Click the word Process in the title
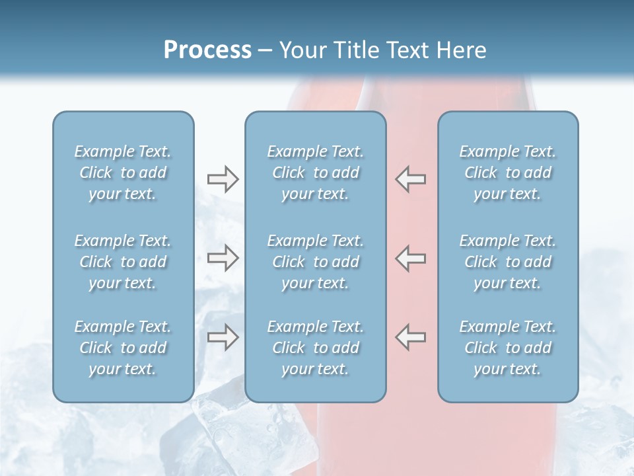(207, 50)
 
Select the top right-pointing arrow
(223, 178)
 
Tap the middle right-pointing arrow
(223, 258)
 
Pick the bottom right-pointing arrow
(223, 337)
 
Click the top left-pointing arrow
(410, 178)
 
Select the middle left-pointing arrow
(410, 258)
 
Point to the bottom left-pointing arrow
(410, 337)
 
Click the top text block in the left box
(123, 173)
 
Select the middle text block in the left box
(123, 262)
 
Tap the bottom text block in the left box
(123, 348)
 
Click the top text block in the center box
(315, 173)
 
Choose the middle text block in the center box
(315, 262)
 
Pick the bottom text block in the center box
(315, 348)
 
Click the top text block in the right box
(507, 173)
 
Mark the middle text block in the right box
(507, 262)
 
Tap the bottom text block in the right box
(507, 348)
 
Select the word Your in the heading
(301, 50)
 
